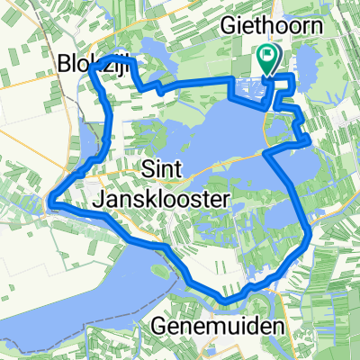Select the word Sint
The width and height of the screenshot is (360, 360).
point(162,167)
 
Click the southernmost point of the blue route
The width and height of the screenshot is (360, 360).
point(229,299)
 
